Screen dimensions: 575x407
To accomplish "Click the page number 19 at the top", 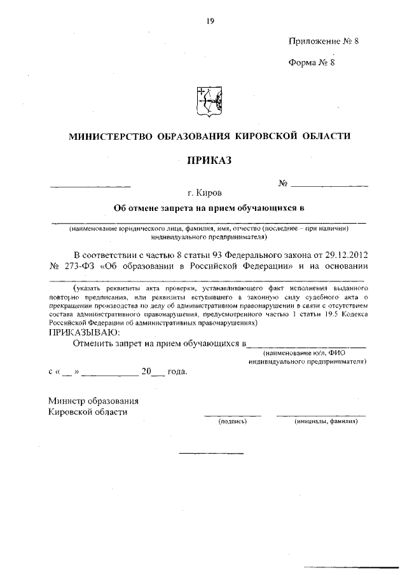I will (x=209, y=20).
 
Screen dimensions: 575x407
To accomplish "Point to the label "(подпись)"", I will (x=231, y=422).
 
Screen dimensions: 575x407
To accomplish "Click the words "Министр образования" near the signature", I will (x=93, y=400).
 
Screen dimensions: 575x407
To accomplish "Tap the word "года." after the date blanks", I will (x=177, y=372).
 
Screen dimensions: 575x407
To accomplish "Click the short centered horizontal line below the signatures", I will (x=211, y=453).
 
